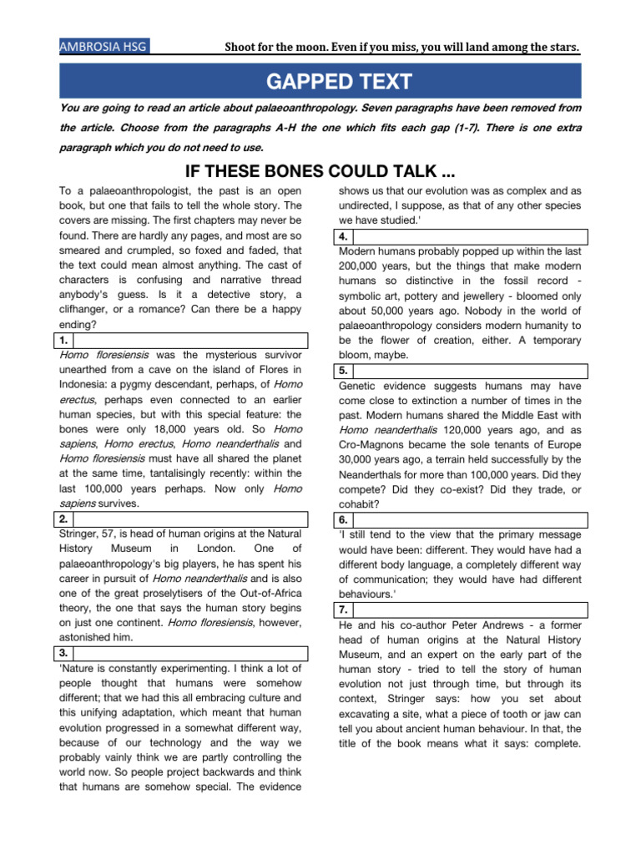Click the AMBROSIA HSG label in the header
(103, 47)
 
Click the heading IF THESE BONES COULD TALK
(320, 171)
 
